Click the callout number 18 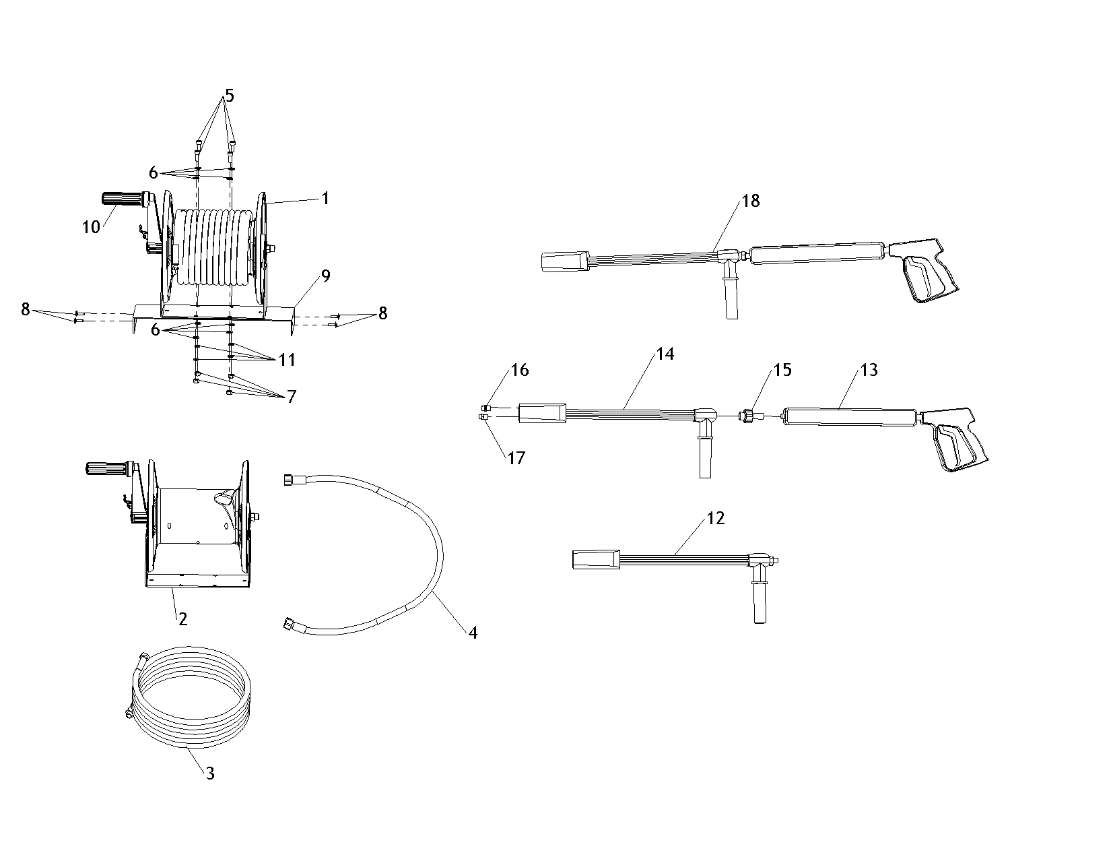tap(751, 201)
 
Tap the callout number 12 tap(715, 518)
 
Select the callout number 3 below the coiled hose tap(210, 773)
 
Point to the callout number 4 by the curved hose tap(473, 633)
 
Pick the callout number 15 tap(782, 370)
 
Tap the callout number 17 tap(516, 458)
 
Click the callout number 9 tap(326, 276)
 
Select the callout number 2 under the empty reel tap(182, 619)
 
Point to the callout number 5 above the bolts tap(230, 96)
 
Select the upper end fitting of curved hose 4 tap(290, 480)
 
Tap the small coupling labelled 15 tap(749, 415)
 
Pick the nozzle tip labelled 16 tap(487, 408)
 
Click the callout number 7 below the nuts tap(292, 397)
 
